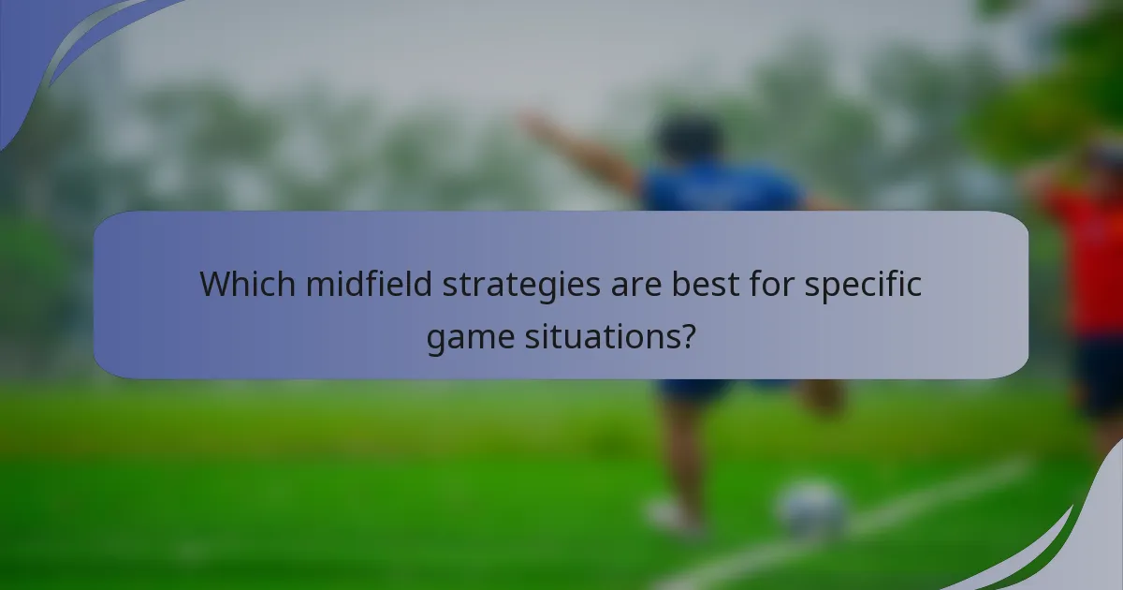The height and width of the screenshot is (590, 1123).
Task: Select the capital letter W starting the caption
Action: (x=217, y=284)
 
